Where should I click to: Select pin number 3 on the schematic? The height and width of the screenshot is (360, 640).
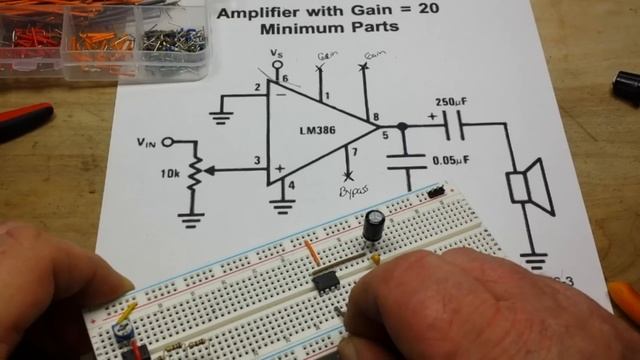[257, 160]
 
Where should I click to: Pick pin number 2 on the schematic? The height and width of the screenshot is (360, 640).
[257, 88]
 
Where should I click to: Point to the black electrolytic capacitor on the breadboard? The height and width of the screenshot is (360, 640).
[375, 226]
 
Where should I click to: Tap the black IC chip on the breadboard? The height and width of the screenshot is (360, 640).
[325, 281]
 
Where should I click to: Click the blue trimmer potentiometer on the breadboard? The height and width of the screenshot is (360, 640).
[125, 327]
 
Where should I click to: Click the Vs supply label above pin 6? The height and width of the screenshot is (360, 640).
[277, 52]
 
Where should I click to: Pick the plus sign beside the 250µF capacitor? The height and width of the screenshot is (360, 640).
[432, 116]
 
